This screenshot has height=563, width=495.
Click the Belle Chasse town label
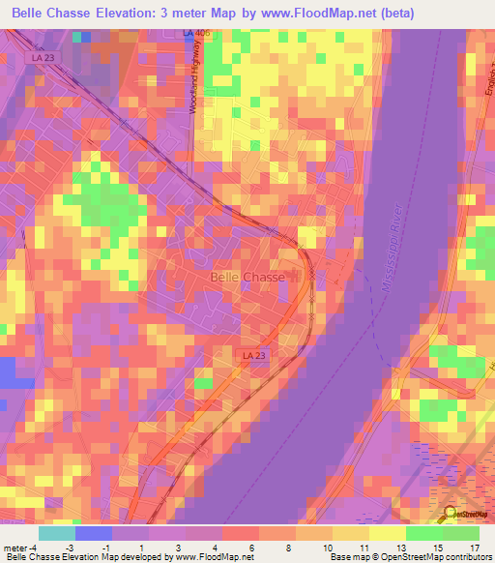247,277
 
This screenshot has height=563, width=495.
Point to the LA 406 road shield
195,33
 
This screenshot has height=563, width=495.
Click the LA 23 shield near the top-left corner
40,57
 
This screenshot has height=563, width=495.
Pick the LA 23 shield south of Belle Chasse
254,356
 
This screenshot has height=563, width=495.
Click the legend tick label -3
75,547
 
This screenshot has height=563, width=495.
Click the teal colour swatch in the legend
57,533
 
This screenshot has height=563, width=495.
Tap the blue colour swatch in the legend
94,533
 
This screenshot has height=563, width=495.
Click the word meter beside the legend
17,547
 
